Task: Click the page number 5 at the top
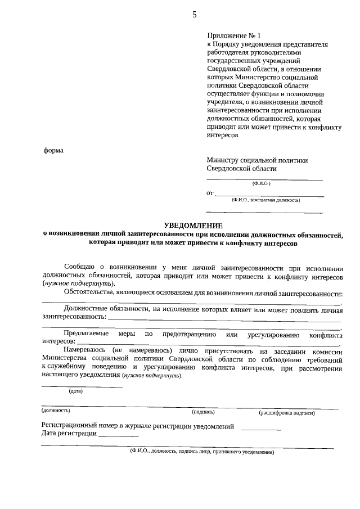195,15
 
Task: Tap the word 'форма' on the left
53,150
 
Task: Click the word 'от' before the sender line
210,193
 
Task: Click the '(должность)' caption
56,411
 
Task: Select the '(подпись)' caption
203,412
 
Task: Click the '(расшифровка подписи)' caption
286,412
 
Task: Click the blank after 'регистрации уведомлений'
260,428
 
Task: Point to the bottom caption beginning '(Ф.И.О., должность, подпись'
201,452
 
